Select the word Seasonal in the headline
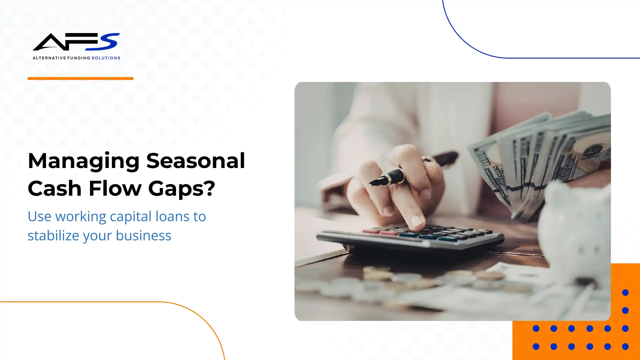pyautogui.click(x=196, y=161)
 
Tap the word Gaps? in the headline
pyautogui.click(x=182, y=189)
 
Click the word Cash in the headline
pyautogui.click(x=55, y=188)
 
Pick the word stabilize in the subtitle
pyautogui.click(x=53, y=236)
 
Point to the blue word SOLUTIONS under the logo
pyautogui.click(x=106, y=58)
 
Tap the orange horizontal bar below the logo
pyautogui.click(x=80, y=79)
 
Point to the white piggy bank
pyautogui.click(x=577, y=233)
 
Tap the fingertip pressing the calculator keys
pyautogui.click(x=416, y=221)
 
